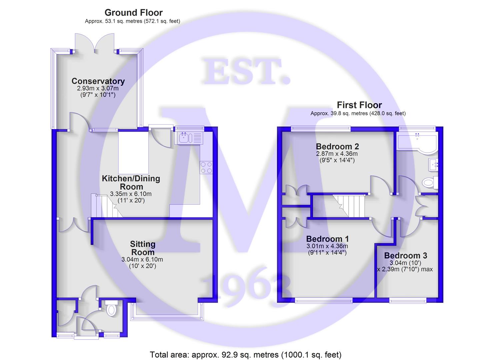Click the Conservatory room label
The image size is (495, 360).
tap(98, 81)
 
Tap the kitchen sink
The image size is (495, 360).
tap(188, 138)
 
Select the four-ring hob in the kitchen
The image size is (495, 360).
tap(206, 168)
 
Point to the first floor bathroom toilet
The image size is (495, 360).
tap(430, 183)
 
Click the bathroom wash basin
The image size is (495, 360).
tap(433, 165)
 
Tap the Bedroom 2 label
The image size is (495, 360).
tap(337, 147)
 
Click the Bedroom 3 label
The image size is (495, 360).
tap(406, 255)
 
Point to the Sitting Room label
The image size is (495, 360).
tap(143, 248)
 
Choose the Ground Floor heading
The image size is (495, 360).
tap(133, 13)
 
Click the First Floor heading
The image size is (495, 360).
tap(359, 105)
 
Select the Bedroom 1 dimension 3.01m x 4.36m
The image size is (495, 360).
tap(327, 246)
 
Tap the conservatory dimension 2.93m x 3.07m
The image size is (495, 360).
tap(98, 88)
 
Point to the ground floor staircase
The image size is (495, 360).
tap(107, 206)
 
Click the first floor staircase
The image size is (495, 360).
tap(349, 206)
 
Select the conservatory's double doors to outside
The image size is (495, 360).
tap(95, 43)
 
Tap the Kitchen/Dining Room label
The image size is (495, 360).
tap(131, 183)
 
